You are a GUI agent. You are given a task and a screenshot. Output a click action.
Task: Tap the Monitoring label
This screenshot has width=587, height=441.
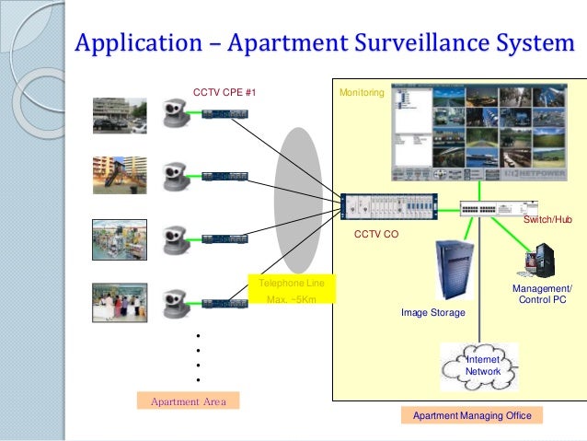point(361,93)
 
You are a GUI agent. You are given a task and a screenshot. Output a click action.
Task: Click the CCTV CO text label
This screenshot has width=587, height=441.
point(376,236)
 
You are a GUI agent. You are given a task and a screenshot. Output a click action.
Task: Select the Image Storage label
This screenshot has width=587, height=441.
point(432,313)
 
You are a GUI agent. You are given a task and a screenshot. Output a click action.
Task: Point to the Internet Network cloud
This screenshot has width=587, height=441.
point(479,366)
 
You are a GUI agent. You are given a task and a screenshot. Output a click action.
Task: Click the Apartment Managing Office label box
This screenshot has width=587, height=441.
point(472,416)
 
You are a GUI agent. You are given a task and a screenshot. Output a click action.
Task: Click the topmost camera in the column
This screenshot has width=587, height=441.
point(171,114)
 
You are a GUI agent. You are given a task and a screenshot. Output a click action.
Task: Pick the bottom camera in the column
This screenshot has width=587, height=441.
point(171,301)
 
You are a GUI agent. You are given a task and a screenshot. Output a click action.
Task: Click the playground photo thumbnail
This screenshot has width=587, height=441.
point(120,175)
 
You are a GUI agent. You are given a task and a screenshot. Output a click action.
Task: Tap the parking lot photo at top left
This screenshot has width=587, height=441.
point(120,114)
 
